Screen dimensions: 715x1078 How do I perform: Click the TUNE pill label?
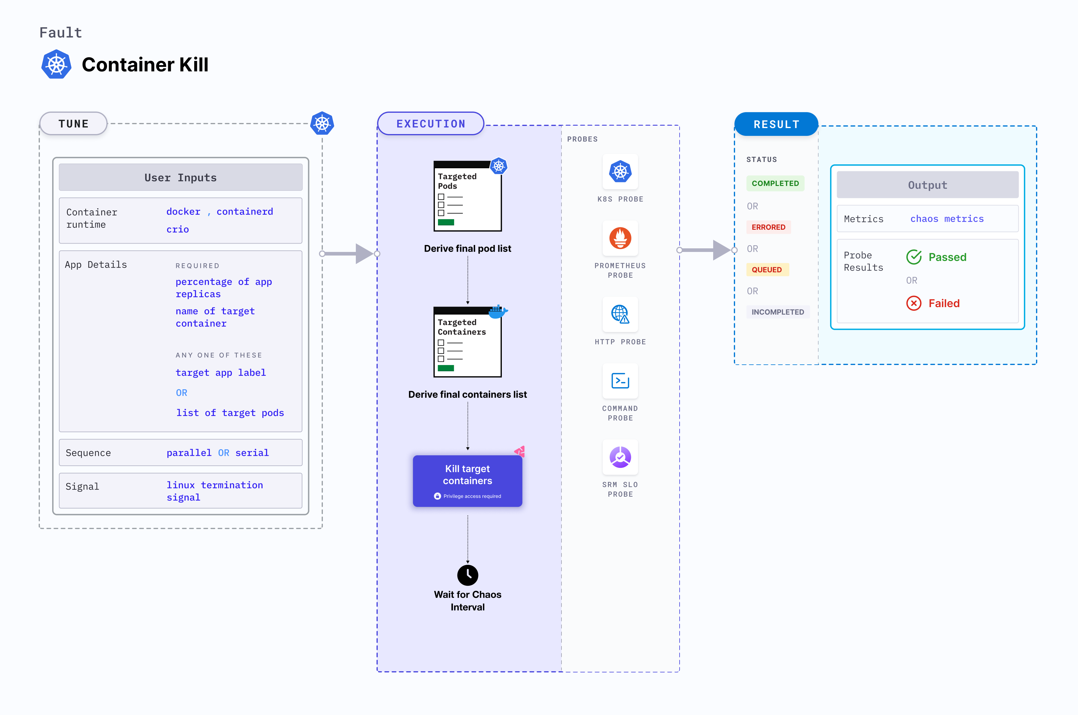[x=73, y=124]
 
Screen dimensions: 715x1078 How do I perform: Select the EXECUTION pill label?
[x=431, y=124]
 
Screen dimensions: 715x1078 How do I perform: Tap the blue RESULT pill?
[x=776, y=124]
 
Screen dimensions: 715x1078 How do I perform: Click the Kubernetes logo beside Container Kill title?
[x=57, y=64]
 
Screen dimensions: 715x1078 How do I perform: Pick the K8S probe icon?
[x=620, y=172]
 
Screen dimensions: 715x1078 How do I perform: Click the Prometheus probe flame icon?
[x=620, y=238]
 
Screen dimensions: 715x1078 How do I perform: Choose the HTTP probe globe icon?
[x=620, y=314]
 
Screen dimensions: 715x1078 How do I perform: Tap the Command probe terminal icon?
[x=620, y=381]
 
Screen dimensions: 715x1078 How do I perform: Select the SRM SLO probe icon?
[x=620, y=457]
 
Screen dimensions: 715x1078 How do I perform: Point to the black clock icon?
[x=468, y=575]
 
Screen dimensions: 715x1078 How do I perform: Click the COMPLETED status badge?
[x=775, y=183]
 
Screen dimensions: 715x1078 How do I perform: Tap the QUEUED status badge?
[x=767, y=270]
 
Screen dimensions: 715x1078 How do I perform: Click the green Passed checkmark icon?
[x=913, y=257]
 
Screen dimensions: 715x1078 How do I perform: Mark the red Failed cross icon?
[x=913, y=303]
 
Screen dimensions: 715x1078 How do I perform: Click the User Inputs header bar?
[x=180, y=177]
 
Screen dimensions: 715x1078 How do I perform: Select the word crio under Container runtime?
[x=177, y=229]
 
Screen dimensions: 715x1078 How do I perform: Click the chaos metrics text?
[x=947, y=219]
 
